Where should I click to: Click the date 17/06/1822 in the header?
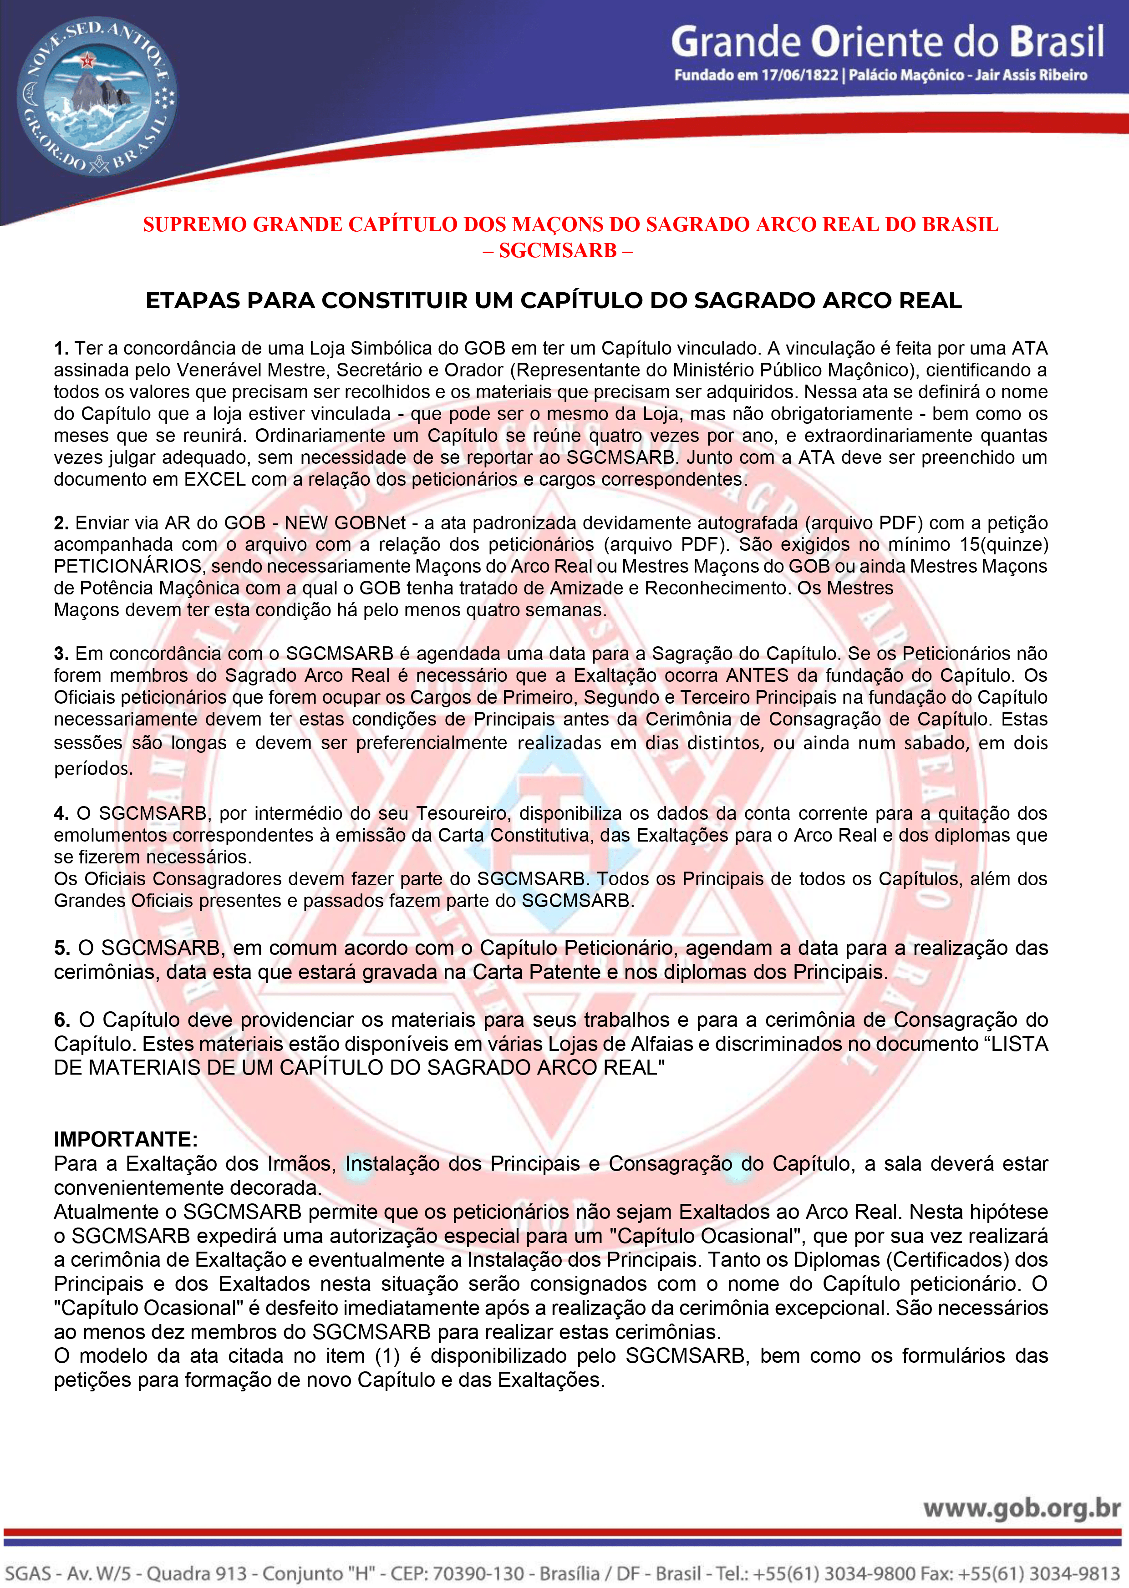click(799, 75)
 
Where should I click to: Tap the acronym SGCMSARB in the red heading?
click(558, 250)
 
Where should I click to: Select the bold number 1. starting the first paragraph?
click(61, 348)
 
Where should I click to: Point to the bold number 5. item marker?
click(62, 948)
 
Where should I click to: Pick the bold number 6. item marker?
click(62, 1020)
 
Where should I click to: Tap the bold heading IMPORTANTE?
click(126, 1140)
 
